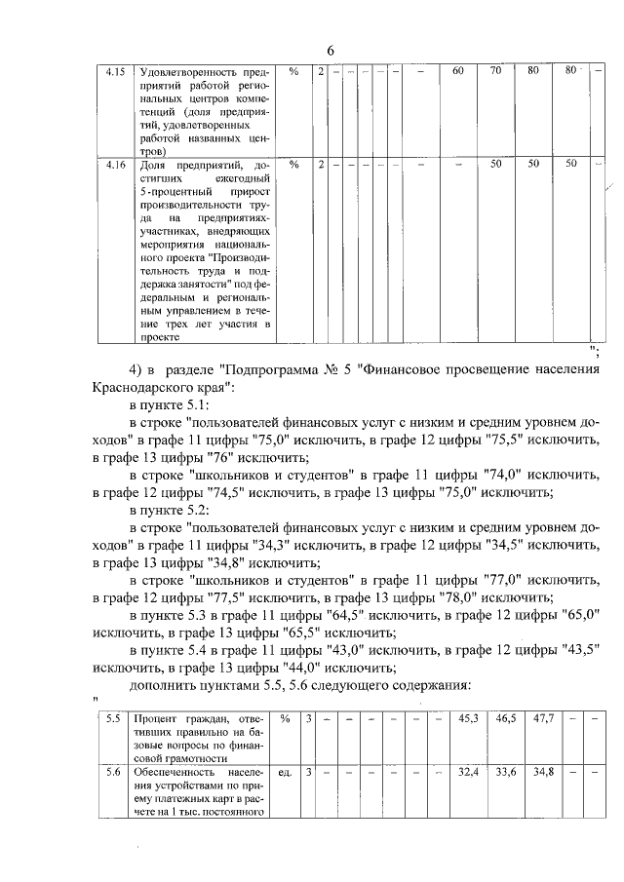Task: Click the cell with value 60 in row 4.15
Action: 458,71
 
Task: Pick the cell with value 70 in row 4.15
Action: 495,71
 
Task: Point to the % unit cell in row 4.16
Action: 293,165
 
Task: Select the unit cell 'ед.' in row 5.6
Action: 287,773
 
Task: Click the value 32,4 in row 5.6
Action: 469,773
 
